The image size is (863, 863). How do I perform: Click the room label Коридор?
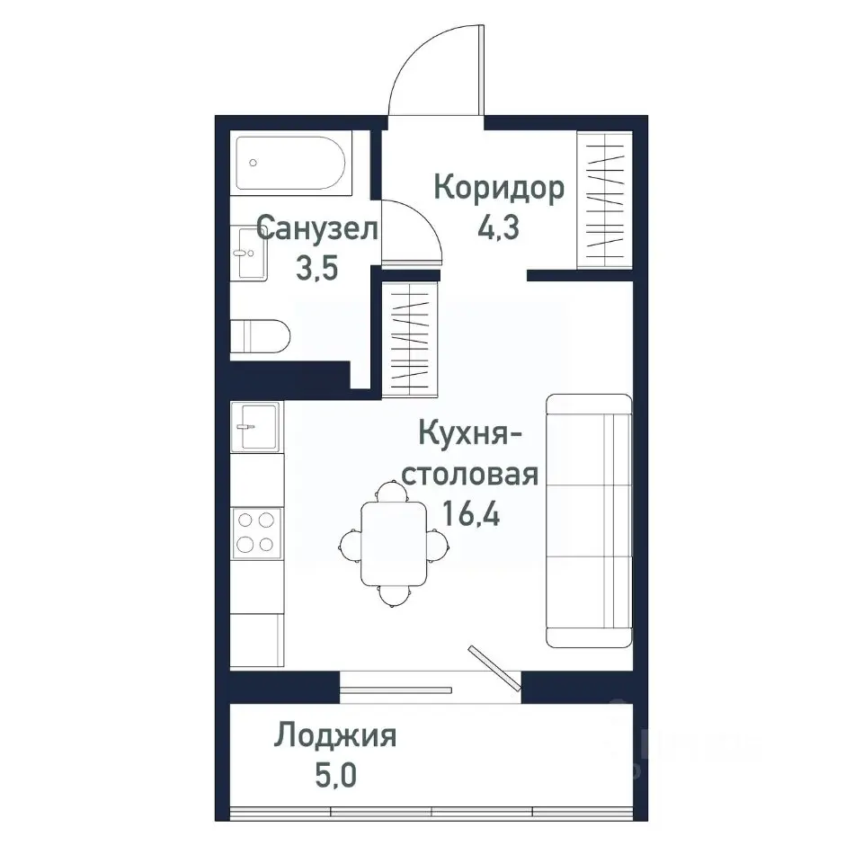pos(499,188)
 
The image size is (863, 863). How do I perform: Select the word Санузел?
pos(316,228)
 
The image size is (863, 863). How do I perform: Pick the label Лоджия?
pos(335,736)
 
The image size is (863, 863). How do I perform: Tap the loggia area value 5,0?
pos(335,774)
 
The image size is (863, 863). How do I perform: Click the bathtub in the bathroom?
pos(289,163)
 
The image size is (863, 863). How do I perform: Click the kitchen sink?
pos(256,425)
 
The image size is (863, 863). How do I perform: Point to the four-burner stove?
pos(256,531)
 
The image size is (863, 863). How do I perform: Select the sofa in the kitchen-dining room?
pos(589,520)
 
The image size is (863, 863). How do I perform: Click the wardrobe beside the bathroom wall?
pos(411,338)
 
